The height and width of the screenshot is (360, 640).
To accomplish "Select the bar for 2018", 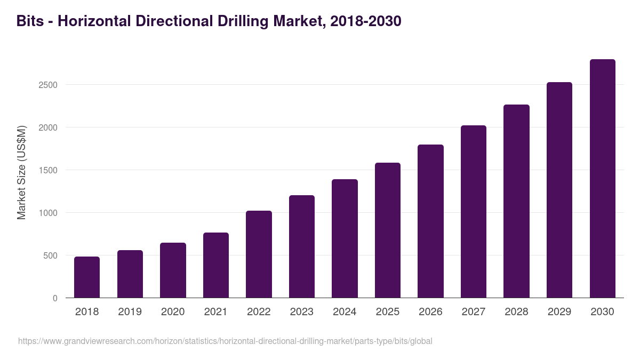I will click(x=87, y=277).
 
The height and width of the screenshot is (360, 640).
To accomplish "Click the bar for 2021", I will click(x=216, y=265).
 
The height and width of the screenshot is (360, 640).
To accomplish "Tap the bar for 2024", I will click(x=345, y=238).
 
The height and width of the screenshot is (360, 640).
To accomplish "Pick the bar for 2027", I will click(x=474, y=212).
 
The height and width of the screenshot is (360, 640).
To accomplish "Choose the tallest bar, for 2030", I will click(x=602, y=179).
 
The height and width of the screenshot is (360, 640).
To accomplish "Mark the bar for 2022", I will click(x=259, y=254).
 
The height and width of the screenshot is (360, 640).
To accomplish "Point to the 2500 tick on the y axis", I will click(x=47, y=85).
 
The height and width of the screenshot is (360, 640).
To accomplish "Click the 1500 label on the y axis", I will click(x=47, y=170).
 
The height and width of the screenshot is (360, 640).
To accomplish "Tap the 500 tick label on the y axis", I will click(x=50, y=255).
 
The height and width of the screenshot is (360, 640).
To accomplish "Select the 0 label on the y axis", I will click(x=55, y=298).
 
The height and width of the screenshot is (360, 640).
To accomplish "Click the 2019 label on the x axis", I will click(x=130, y=312).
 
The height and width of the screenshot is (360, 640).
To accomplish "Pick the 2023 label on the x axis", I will click(x=301, y=312).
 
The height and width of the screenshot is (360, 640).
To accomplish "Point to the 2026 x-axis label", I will click(x=430, y=312).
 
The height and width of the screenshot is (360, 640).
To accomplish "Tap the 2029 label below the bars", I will click(x=559, y=312).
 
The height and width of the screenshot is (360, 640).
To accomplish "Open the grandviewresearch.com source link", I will click(x=225, y=341).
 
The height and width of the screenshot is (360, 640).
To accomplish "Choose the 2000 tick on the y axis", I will click(x=47, y=127).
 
